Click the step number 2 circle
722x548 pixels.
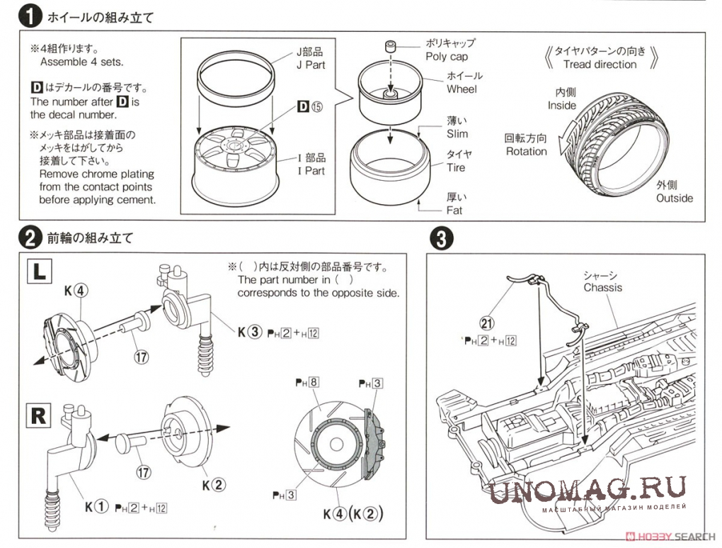(x=28, y=237)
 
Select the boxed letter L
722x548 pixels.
(x=39, y=271)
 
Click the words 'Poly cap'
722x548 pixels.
(x=446, y=57)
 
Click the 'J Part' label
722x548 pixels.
(x=309, y=64)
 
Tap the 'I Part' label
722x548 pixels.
(x=311, y=171)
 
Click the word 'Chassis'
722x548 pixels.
(x=603, y=287)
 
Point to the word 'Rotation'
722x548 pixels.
(x=526, y=151)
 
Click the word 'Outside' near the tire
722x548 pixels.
(x=674, y=198)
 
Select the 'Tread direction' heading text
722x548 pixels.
(x=600, y=64)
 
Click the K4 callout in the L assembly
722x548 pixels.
(x=77, y=290)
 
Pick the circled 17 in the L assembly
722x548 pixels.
(x=142, y=357)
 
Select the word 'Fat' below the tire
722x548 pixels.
(x=454, y=211)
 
